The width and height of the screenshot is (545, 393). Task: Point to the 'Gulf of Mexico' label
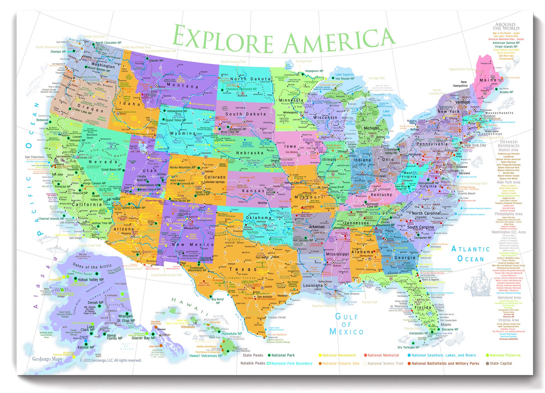(346, 324)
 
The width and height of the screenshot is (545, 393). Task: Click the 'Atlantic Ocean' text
(471, 254)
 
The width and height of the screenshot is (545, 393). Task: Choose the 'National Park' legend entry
(283, 355)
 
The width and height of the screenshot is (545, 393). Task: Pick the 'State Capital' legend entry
(501, 363)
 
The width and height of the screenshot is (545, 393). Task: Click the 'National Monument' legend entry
(339, 355)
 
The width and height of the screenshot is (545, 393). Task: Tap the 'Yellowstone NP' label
(177, 111)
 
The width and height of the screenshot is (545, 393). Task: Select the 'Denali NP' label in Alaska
(95, 303)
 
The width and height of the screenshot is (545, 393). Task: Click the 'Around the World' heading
(505, 26)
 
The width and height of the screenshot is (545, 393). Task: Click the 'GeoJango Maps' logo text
(47, 359)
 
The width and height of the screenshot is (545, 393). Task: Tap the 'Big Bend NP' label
(217, 301)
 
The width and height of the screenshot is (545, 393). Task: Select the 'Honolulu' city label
(188, 327)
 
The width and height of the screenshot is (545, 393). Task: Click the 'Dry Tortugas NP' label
(408, 347)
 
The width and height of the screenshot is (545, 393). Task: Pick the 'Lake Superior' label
(344, 74)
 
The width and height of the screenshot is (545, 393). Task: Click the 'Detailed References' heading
(508, 144)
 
